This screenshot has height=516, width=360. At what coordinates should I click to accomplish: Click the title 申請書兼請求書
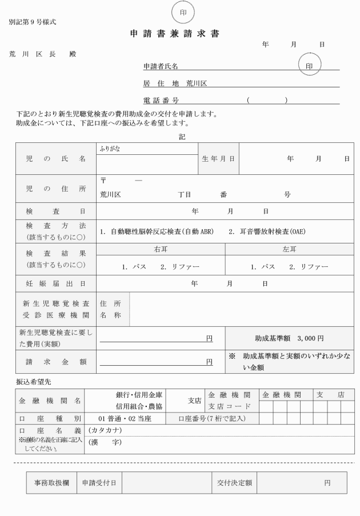point(175,34)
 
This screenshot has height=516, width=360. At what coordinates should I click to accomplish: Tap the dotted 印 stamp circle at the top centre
point(182,11)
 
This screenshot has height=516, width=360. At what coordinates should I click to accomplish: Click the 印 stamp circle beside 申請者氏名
point(309,66)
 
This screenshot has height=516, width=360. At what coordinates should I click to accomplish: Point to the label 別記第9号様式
point(33,23)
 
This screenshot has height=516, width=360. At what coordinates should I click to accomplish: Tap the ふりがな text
point(110,149)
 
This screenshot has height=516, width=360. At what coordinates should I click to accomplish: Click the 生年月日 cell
point(218,158)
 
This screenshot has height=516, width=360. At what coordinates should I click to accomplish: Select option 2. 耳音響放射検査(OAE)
point(267,233)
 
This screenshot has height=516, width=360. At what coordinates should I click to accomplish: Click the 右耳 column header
point(161,250)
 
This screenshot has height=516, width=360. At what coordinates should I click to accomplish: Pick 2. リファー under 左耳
point(308,267)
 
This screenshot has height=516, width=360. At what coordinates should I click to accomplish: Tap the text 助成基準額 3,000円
point(289,338)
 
